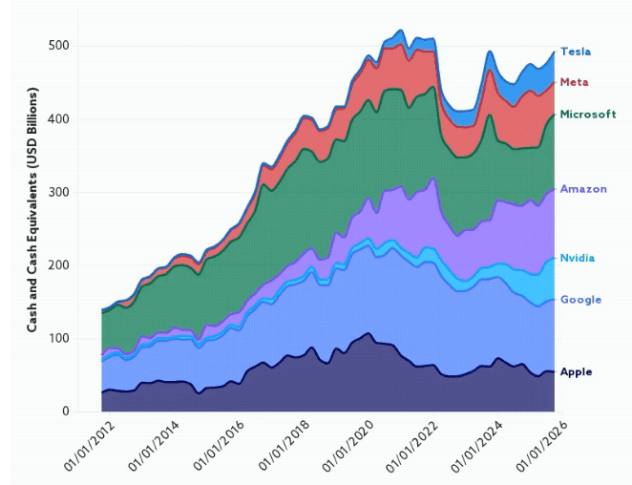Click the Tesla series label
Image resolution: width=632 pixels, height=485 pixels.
tap(576, 52)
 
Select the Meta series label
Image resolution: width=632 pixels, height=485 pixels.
tap(574, 82)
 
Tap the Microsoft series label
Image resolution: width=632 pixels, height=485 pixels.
tap(587, 115)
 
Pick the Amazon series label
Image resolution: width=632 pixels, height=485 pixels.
tap(583, 189)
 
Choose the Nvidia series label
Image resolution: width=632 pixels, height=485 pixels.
tap(579, 259)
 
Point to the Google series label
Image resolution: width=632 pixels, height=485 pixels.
tap(580, 300)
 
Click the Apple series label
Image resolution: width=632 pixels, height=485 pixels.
tap(577, 371)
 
